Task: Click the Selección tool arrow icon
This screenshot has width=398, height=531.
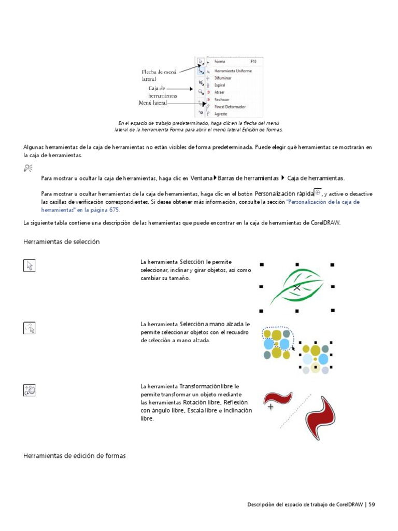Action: pos(30,266)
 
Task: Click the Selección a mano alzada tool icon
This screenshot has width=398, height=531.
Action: pos(30,328)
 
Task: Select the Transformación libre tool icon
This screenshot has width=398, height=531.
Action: pos(30,390)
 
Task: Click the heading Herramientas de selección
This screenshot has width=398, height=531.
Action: pos(62,242)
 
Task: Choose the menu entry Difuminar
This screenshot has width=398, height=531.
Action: pos(223,78)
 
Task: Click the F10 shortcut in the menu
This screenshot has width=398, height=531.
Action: pos(254,61)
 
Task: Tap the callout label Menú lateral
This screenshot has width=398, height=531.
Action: pos(153,103)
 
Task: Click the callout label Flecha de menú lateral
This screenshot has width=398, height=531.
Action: pos(160,75)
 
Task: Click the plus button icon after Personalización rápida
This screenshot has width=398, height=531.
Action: pos(318,192)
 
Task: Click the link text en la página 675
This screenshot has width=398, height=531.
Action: pos(98,210)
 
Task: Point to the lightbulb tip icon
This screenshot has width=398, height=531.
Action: pos(28,167)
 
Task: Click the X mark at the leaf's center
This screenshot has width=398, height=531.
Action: pos(296,287)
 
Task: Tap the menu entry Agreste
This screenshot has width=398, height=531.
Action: pos(221,114)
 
